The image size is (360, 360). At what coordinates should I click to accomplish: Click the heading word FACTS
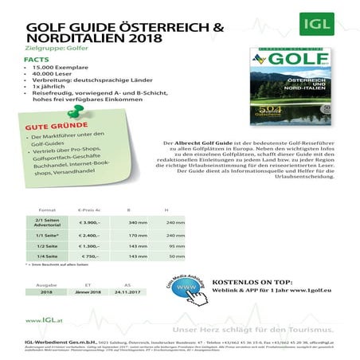click(x=37, y=59)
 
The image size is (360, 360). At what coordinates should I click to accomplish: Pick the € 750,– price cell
click(x=89, y=257)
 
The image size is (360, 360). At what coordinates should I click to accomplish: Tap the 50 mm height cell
click(x=177, y=257)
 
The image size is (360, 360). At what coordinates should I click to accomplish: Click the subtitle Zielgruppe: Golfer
click(x=57, y=48)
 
